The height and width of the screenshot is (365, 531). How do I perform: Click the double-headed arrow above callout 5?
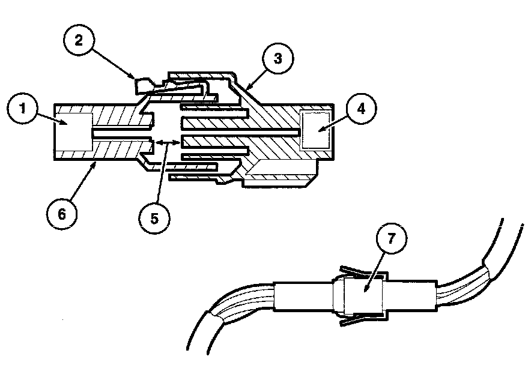coord(166,142)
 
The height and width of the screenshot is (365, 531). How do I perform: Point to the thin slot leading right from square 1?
coord(120,131)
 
